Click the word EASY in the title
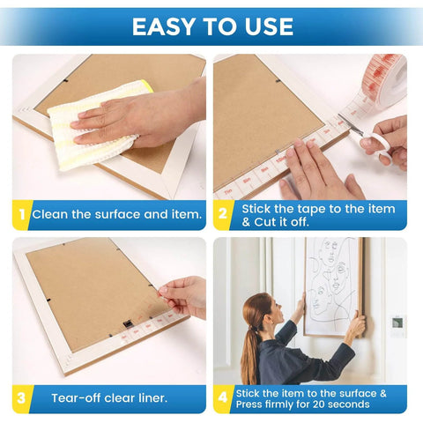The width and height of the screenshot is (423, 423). click(x=165, y=26)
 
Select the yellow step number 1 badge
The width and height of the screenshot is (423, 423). click(x=21, y=214)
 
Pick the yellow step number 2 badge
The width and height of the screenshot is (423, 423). click(x=223, y=214)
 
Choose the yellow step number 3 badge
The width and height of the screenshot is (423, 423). click(x=21, y=397)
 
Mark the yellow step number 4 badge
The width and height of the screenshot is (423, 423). click(x=223, y=397)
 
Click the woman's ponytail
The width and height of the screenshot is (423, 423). click(x=250, y=352)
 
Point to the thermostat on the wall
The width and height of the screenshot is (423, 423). click(x=397, y=323)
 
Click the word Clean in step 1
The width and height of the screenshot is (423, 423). click(x=50, y=214)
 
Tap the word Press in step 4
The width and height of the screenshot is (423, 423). click(x=253, y=404)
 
